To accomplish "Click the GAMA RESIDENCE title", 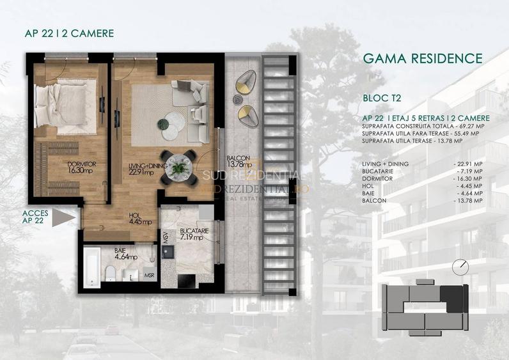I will (422, 59).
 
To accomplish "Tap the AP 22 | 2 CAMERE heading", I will (62, 34).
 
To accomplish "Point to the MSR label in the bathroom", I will (148, 276).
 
